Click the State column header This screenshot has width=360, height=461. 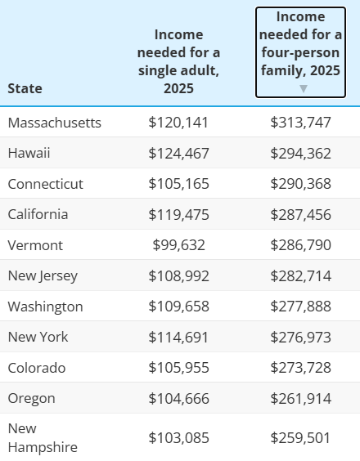point(25,88)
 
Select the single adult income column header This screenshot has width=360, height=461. point(178,61)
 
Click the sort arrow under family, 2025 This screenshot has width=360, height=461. point(304,88)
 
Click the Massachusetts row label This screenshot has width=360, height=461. point(55,123)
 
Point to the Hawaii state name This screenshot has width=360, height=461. point(29,153)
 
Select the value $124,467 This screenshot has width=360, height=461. point(178,153)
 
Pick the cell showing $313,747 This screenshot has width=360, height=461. point(300,123)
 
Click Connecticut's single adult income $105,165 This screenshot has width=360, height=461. point(178,184)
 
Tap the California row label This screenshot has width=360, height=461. point(38,214)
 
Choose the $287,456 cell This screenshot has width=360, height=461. point(300,215)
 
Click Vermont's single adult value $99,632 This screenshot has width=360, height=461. point(178,245)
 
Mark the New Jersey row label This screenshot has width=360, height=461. point(43,276)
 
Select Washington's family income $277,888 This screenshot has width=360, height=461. point(300,307)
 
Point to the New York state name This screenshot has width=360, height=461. point(38,337)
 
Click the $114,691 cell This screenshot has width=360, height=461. point(178,338)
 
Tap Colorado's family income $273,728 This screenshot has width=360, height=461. point(300,368)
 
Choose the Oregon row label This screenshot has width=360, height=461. point(31,399)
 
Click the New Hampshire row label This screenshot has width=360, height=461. point(43,438)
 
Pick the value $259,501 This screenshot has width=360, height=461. point(300,438)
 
